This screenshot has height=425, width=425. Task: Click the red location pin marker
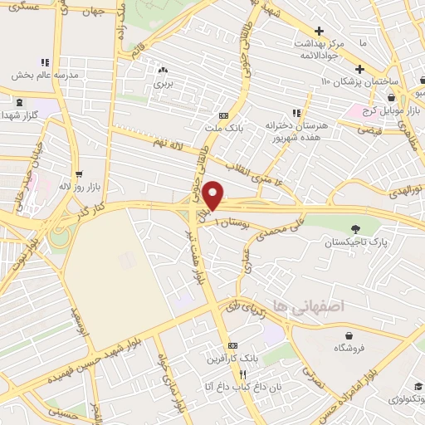(x=213, y=195)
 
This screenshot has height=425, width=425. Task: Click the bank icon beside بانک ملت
(x=223, y=115)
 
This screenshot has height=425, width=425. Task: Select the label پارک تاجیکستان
(x=355, y=242)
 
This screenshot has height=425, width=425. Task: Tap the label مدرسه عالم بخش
(x=46, y=74)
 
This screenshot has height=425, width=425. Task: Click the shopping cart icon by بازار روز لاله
(x=79, y=174)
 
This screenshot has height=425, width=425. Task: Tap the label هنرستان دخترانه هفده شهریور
(x=299, y=130)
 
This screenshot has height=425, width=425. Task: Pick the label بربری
(x=163, y=83)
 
